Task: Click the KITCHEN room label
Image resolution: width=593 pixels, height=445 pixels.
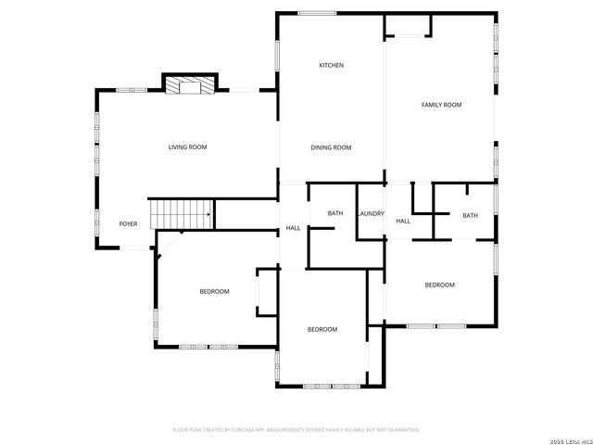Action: (x=331, y=65)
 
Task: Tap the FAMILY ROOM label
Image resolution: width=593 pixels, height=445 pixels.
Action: (x=441, y=105)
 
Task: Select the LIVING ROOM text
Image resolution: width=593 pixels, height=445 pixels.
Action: (x=187, y=147)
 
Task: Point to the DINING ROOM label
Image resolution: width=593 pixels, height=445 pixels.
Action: (x=331, y=147)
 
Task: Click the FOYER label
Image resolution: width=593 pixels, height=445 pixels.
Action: (x=128, y=223)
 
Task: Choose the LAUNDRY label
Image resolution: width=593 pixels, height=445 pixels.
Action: (x=371, y=214)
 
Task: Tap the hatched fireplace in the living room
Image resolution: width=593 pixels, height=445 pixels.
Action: (x=189, y=85)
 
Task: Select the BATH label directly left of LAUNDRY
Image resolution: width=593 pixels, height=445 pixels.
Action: (x=334, y=214)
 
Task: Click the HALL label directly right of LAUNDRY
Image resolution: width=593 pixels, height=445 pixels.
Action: (x=403, y=221)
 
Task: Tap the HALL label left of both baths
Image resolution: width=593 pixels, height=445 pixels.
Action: (x=293, y=228)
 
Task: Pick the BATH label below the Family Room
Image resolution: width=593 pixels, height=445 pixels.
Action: (x=470, y=215)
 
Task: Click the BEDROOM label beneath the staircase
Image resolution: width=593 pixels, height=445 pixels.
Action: (x=214, y=291)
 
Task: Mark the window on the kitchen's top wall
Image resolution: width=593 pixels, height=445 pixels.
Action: (x=317, y=13)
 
